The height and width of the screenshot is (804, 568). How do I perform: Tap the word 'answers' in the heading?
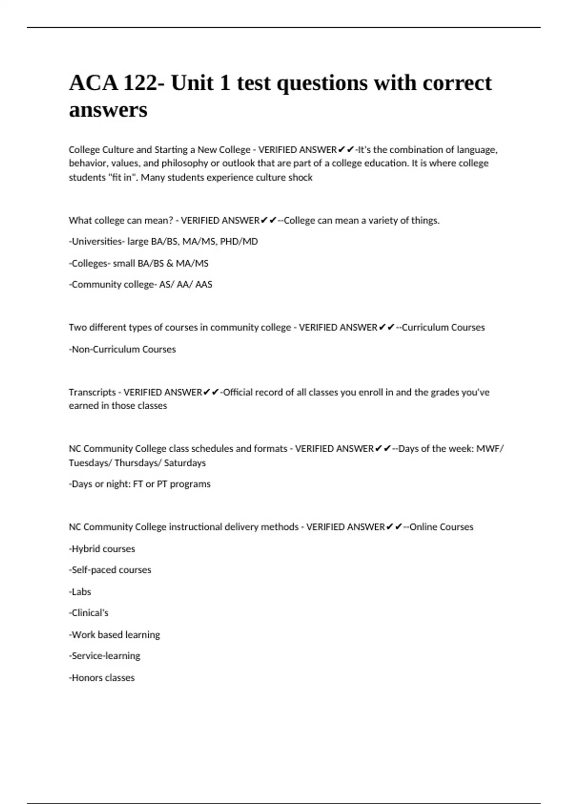point(108,110)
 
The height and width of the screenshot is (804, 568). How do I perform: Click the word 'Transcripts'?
point(92,392)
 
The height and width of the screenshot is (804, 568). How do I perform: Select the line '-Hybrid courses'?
point(102,549)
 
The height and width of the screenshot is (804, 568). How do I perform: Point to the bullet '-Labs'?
point(80,592)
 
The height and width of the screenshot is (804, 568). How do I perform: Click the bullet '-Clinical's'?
point(89,613)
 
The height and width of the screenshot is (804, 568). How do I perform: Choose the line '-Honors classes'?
point(102,678)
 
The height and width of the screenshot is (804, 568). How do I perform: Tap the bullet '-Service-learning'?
point(105,656)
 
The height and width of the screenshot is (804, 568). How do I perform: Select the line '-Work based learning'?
point(115,635)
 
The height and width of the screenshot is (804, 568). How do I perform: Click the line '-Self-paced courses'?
point(110,570)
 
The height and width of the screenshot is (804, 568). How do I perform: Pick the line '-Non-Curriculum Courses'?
point(122,349)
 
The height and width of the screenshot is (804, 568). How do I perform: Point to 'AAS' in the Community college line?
point(204,285)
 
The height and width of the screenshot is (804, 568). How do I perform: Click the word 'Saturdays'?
point(185,463)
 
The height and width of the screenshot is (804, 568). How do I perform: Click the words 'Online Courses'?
point(441,527)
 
